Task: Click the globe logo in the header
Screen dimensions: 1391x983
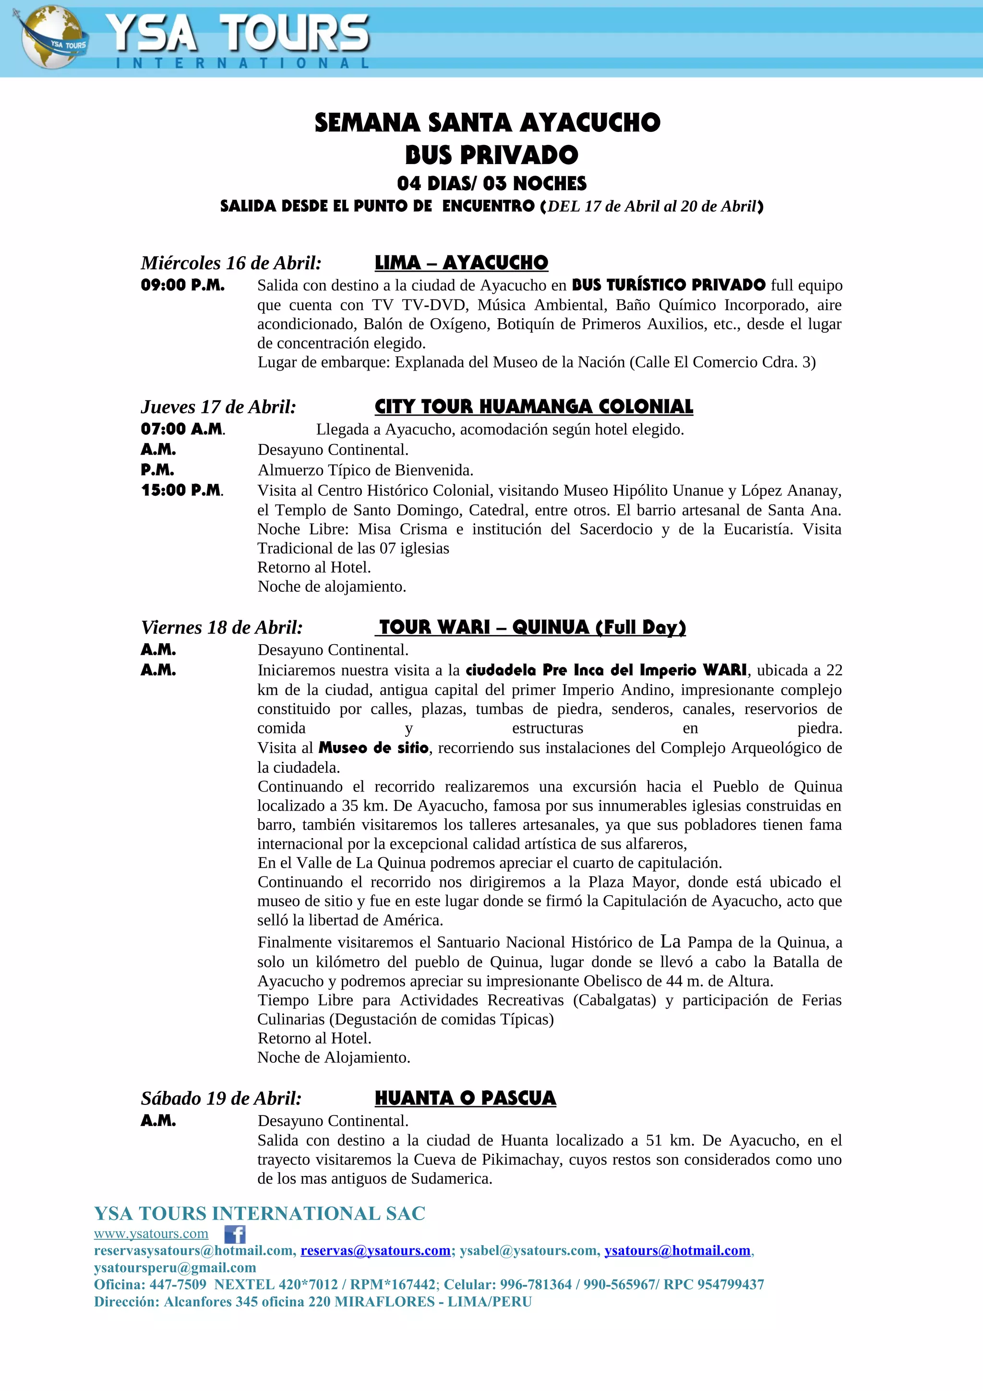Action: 51,37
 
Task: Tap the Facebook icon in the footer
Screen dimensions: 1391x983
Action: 235,1234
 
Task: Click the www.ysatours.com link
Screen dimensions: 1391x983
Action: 151,1234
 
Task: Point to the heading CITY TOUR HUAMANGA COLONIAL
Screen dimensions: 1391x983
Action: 534,407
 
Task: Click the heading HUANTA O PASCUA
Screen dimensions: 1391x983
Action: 465,1098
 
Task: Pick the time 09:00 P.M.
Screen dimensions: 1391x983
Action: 182,285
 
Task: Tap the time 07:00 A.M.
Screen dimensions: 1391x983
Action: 182,429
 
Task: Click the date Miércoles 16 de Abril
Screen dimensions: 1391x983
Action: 231,263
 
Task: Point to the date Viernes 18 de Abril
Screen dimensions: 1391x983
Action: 222,627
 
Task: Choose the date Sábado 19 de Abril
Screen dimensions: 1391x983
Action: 221,1098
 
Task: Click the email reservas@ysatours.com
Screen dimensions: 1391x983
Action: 375,1250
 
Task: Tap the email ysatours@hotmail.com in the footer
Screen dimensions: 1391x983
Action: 677,1250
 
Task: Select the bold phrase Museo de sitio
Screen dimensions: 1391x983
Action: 374,748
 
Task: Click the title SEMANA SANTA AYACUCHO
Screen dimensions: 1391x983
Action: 488,123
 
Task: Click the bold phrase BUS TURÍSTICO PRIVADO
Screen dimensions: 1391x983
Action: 669,285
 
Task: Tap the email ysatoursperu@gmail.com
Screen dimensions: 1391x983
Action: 175,1268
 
